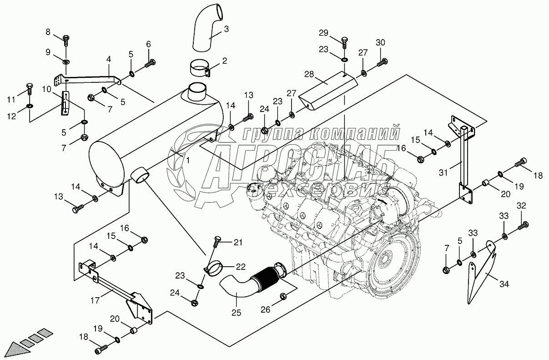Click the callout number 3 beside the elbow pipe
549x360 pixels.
tap(226, 29)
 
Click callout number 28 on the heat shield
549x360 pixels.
tap(309, 74)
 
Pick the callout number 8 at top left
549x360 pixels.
tap(48, 32)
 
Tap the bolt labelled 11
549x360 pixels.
tap(30, 89)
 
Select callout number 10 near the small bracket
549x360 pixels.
tap(46, 89)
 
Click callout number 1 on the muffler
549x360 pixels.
tap(188, 161)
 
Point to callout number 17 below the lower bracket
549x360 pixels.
tap(95, 300)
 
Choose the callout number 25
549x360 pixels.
tap(236, 313)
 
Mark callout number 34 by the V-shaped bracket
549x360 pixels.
tap(504, 284)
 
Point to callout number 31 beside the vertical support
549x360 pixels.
tap(443, 172)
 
